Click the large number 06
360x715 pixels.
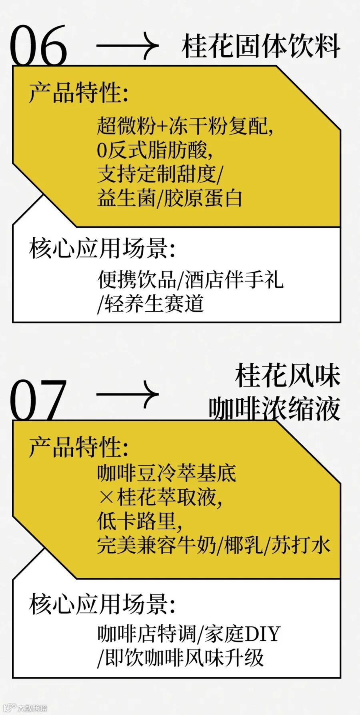click(x=38, y=45)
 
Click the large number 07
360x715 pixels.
click(x=38, y=400)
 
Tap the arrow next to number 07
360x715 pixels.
click(x=128, y=395)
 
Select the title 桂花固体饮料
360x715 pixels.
click(x=261, y=46)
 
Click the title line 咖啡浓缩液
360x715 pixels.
click(x=274, y=408)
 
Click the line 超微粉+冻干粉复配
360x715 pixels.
click(x=185, y=126)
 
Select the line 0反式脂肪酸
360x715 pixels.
click(x=154, y=150)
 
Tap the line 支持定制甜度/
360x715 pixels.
click(x=160, y=174)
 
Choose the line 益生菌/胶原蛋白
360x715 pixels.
click(x=170, y=198)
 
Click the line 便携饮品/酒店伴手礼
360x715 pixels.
click(x=190, y=279)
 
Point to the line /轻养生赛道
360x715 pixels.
click(x=151, y=303)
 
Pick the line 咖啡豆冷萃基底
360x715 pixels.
click(x=167, y=473)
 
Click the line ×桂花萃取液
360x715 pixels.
click(x=160, y=497)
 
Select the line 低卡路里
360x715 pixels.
click(x=140, y=521)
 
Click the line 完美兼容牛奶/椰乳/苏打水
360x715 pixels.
click(x=214, y=545)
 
